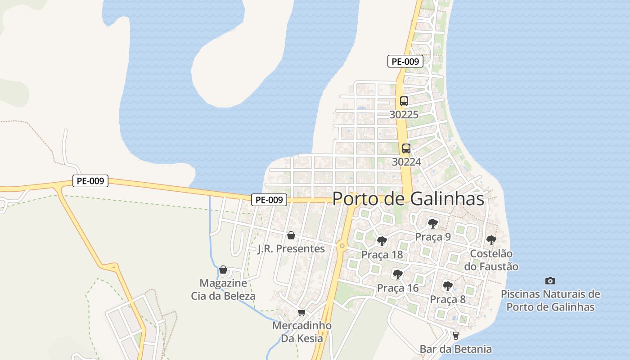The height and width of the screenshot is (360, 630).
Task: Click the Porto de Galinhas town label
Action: (408, 199)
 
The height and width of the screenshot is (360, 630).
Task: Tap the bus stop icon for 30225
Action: (404, 101)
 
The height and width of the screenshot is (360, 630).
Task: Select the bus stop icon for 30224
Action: (406, 148)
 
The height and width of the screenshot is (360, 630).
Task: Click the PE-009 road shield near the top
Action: (405, 62)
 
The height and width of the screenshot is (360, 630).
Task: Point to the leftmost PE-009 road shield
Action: (90, 181)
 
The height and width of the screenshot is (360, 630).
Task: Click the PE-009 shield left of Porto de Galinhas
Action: (269, 200)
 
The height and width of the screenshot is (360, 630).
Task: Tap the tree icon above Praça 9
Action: (432, 223)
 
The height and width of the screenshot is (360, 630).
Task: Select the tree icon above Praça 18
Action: (382, 241)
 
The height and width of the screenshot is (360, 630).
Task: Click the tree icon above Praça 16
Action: (397, 274)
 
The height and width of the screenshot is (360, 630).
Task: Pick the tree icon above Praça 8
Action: (447, 286)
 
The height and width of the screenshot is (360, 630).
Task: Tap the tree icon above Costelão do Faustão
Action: (491, 240)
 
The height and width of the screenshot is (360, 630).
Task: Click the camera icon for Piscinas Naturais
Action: (550, 281)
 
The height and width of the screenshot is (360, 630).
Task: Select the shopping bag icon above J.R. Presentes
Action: (291, 235)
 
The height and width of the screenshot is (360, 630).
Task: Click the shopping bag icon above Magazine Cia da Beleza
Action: (223, 270)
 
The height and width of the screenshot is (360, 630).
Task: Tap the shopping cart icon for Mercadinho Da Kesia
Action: (301, 312)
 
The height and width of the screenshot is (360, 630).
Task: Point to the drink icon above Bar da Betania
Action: (455, 335)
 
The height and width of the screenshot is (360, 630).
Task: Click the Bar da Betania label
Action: (455, 349)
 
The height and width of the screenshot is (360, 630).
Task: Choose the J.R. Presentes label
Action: (291, 248)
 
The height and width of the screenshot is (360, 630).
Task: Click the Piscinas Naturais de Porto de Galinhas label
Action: (550, 301)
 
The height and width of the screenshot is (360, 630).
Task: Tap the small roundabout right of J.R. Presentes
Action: (342, 246)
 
